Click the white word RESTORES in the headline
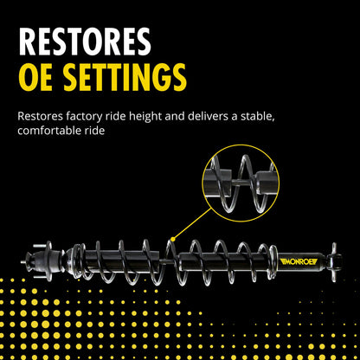coord(85,42)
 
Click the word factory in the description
coord(84,117)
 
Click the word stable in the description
coord(257,117)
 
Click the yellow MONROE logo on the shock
coord(299,261)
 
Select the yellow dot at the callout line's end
coord(173,239)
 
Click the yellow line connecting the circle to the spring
coord(193,224)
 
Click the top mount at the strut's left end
coord(43,260)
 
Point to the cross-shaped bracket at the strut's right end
coord(335,261)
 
